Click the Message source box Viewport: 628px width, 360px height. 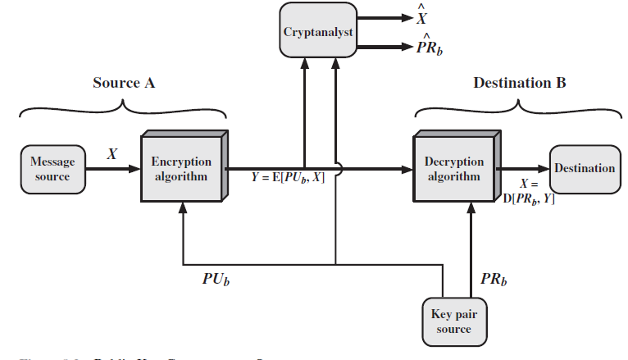pyautogui.click(x=52, y=169)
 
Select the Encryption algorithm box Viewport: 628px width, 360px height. pyautogui.click(x=181, y=169)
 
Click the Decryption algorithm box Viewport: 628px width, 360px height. pyautogui.click(x=453, y=169)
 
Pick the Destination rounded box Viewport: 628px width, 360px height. pyautogui.click(x=585, y=169)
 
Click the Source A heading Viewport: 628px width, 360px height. pyautogui.click(x=124, y=83)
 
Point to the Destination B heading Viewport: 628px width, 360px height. pyautogui.click(x=519, y=83)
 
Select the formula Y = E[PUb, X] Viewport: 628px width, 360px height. pyautogui.click(x=286, y=178)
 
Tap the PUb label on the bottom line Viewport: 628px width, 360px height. pyautogui.click(x=216, y=278)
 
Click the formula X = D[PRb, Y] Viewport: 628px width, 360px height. pyautogui.click(x=528, y=191)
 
